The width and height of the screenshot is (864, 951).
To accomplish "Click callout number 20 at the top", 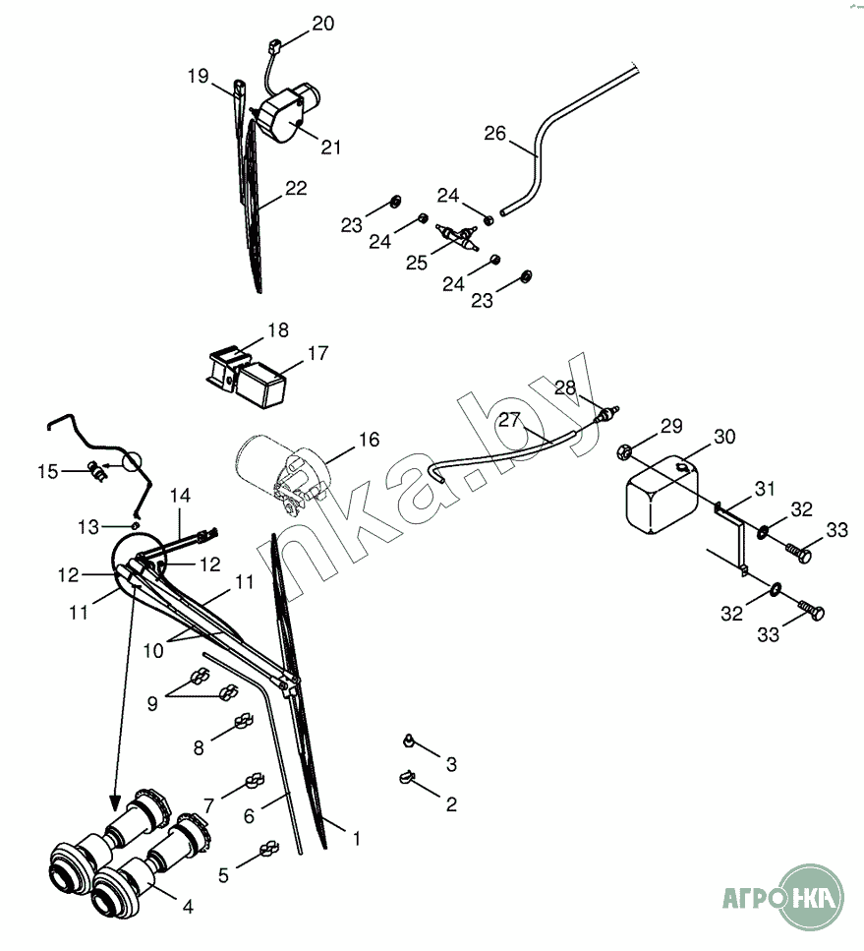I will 323,24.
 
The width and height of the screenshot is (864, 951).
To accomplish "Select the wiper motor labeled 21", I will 282,111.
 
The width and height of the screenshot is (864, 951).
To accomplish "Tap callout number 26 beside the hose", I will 495,133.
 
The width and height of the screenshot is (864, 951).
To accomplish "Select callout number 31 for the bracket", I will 766,489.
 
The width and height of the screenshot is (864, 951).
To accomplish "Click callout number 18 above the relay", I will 277,328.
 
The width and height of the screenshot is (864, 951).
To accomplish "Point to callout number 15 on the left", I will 48,472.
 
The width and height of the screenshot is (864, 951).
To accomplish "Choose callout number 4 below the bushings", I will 188,908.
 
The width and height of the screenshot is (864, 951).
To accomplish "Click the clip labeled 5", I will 267,849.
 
